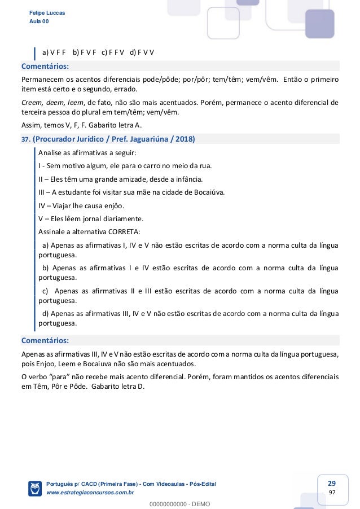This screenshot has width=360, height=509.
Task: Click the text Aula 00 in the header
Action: pos(39,21)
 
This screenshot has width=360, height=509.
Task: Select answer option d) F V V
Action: pos(142,53)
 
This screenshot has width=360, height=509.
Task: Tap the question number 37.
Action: pos(25,139)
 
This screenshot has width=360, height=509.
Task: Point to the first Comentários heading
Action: pos(45,65)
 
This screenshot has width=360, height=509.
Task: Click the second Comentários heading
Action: pos(45,340)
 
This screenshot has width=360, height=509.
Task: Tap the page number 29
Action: pos(332,483)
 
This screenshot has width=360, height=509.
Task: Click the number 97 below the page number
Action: pos(332,493)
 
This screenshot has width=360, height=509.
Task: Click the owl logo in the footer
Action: pos(35,488)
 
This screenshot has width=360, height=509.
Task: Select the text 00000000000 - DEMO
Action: pos(180,504)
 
